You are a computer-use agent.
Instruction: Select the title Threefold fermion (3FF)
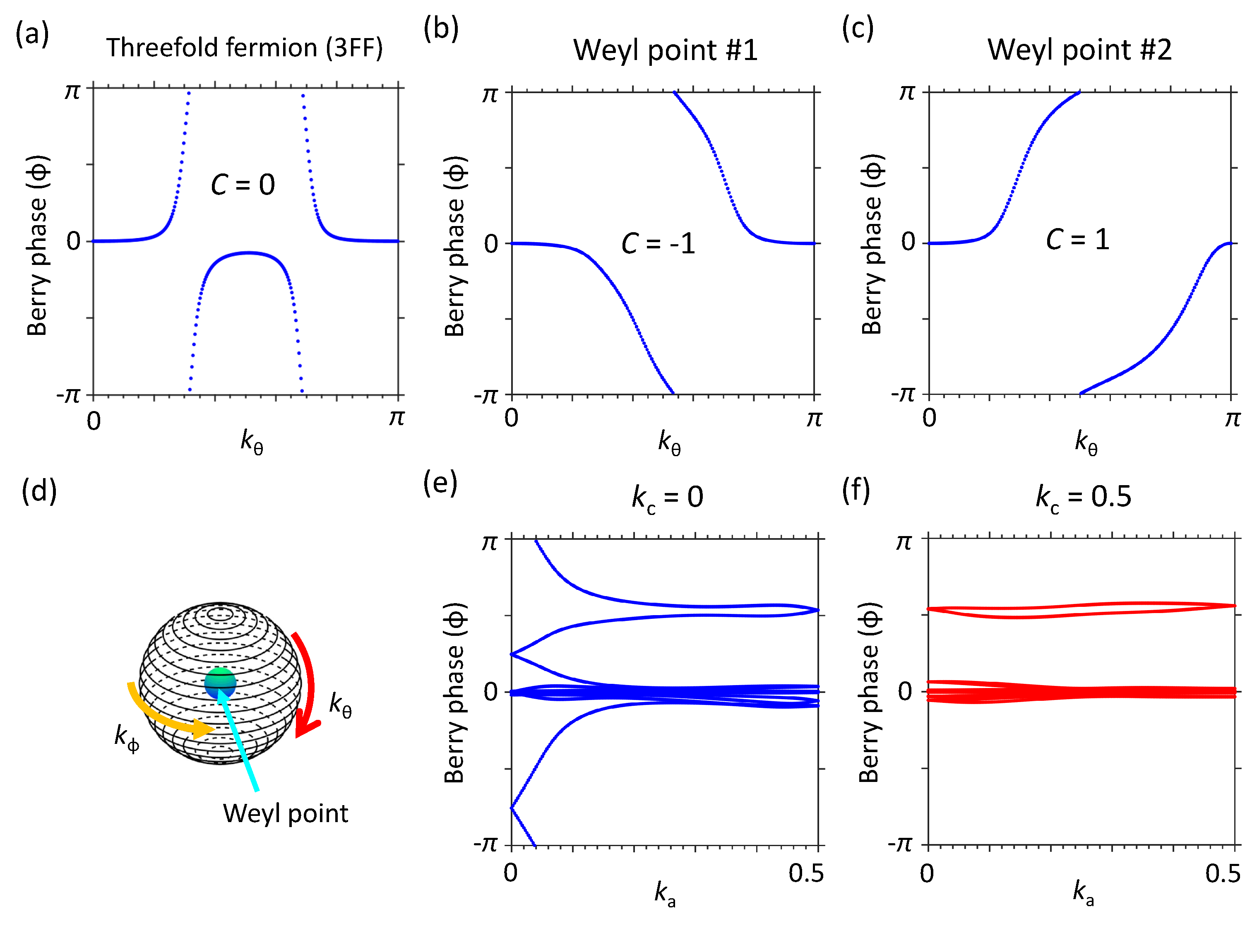click(245, 48)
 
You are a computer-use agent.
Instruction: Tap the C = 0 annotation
click(243, 185)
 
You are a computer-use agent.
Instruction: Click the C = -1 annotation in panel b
click(658, 244)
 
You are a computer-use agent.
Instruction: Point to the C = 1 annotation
click(1077, 240)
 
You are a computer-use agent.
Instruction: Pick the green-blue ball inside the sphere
click(220, 683)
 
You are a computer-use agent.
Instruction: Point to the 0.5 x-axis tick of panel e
click(806, 874)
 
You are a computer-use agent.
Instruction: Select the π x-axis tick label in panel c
click(1232, 418)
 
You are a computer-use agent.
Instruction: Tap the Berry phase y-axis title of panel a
click(38, 245)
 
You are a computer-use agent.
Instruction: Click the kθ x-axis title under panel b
click(668, 443)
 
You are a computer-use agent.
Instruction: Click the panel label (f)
click(856, 491)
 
